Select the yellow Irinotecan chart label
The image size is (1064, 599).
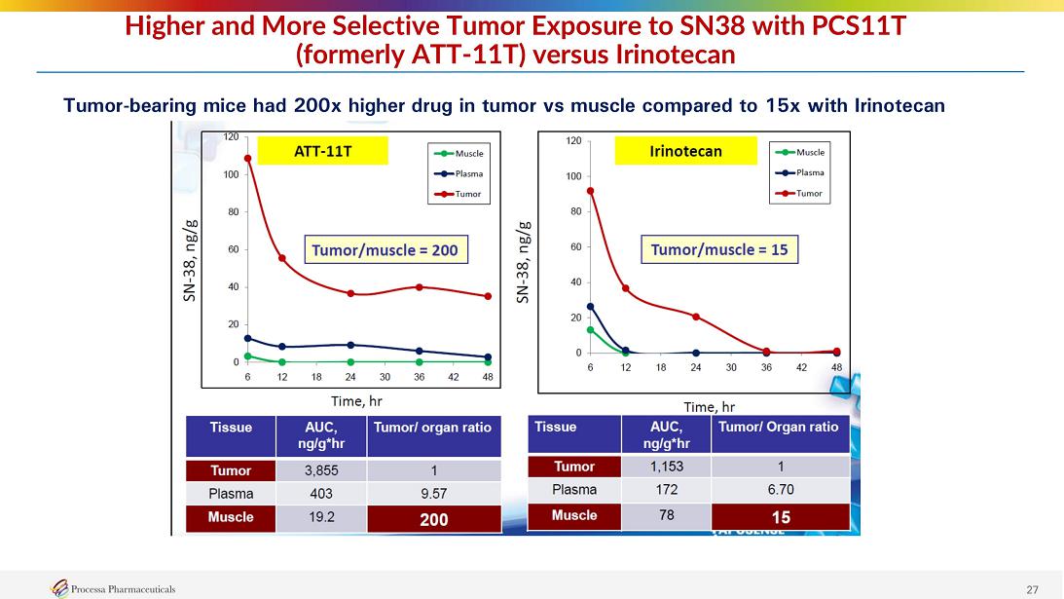point(686,151)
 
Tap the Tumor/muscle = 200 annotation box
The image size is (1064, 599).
point(384,250)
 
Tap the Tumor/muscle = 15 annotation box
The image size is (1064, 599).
point(719,250)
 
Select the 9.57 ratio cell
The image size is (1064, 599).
point(434,494)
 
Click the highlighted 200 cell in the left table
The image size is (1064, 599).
point(434,519)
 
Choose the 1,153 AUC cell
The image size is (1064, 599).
point(666,466)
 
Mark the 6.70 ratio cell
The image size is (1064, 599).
point(780,489)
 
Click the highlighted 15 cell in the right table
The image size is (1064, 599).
point(780,516)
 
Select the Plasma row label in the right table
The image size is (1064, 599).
point(574,489)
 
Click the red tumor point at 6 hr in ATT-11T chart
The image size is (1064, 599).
point(248,159)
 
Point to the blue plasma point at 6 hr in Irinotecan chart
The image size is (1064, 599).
point(590,307)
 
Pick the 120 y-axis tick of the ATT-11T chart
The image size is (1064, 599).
point(231,137)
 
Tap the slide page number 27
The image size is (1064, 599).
point(1033,588)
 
